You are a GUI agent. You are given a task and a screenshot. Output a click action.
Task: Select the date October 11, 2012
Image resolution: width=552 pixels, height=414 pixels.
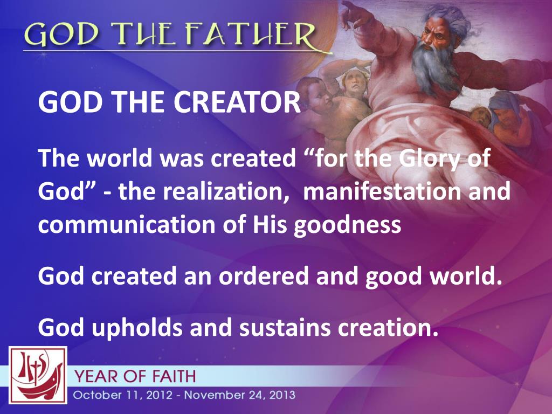(123, 395)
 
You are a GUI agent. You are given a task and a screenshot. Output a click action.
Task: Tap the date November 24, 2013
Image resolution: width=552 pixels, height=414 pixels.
(244, 395)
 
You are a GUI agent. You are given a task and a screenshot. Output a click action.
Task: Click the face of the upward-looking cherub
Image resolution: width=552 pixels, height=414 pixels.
(354, 81)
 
